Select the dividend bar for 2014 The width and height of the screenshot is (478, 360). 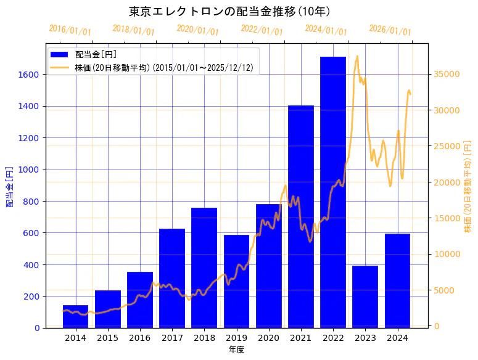(x=76, y=316)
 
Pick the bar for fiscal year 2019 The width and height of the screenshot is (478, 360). (x=236, y=281)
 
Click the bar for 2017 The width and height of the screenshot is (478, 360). (x=172, y=278)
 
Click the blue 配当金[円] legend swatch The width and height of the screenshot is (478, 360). (x=61, y=54)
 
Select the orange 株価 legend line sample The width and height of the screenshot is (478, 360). (x=61, y=67)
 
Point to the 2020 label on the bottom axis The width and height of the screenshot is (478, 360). (x=268, y=338)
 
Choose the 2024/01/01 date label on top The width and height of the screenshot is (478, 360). (x=326, y=30)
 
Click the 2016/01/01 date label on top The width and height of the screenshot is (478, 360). (x=70, y=30)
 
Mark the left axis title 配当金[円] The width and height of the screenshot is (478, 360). (x=9, y=186)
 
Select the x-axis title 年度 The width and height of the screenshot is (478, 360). (x=236, y=350)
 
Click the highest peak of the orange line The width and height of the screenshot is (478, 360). (x=357, y=56)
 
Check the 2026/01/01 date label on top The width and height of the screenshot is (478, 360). (x=390, y=30)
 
